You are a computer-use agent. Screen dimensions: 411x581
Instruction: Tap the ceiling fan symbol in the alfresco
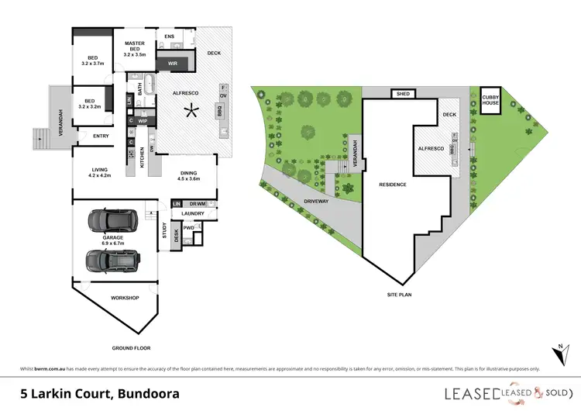click(x=188, y=112)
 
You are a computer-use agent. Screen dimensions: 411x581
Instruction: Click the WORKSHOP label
click(x=124, y=298)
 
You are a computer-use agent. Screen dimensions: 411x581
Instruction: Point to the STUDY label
click(x=163, y=230)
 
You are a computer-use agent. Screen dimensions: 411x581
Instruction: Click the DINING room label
click(x=189, y=175)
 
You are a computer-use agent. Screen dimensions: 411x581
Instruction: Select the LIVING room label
click(x=101, y=172)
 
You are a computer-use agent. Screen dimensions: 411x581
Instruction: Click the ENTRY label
click(x=101, y=137)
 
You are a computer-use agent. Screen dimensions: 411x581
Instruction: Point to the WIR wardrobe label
click(x=174, y=64)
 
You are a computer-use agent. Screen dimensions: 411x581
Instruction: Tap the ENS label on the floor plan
click(x=170, y=36)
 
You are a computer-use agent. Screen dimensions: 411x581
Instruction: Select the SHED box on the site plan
click(x=404, y=95)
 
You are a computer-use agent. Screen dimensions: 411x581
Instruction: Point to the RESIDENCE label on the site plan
click(x=393, y=185)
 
